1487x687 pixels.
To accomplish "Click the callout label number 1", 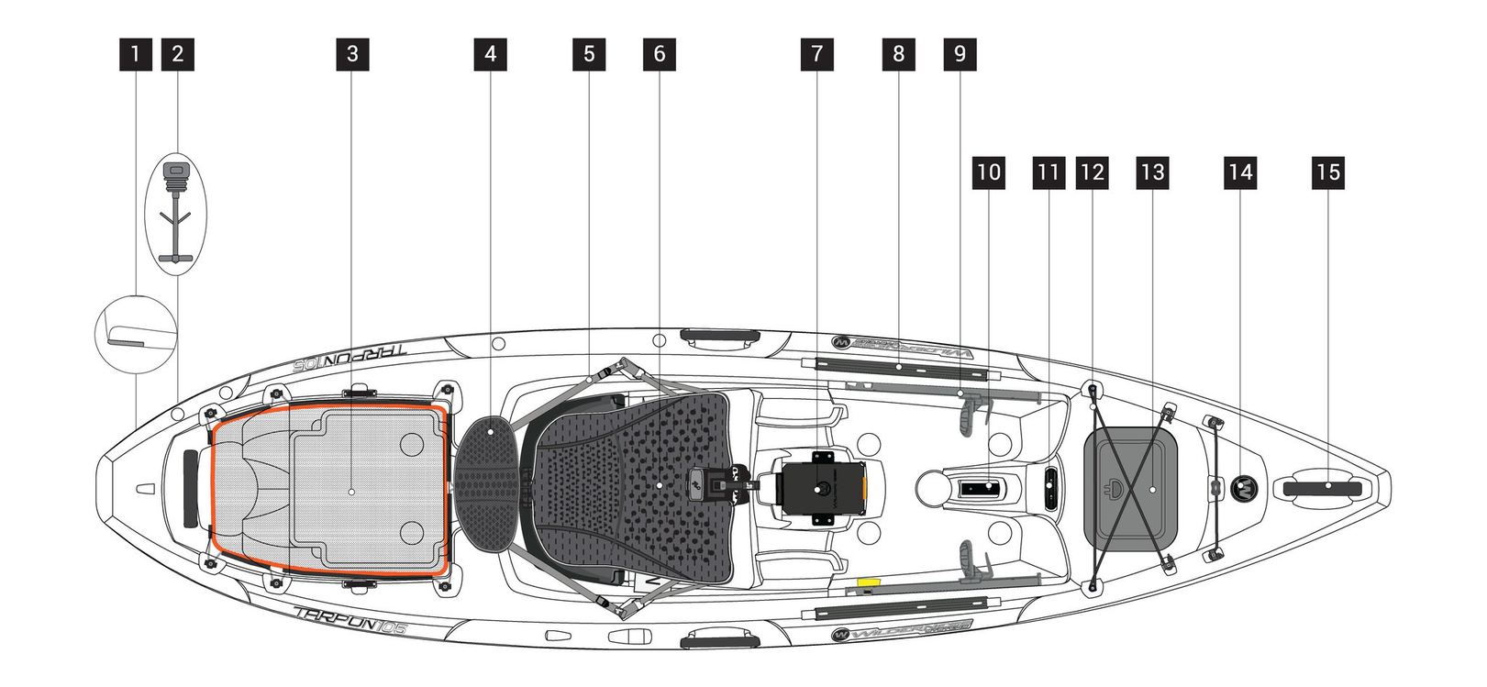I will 136,54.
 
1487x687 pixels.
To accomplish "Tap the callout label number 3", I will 352,54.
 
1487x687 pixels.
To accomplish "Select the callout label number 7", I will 816,54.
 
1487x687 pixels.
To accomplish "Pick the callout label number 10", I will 988,172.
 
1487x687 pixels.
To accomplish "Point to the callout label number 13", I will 1152,172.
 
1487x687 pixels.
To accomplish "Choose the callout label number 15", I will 1328,172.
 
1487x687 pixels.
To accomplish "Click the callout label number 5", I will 589,54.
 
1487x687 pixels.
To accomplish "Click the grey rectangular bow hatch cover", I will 1130,487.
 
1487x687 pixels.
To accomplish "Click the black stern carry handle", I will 190,489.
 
